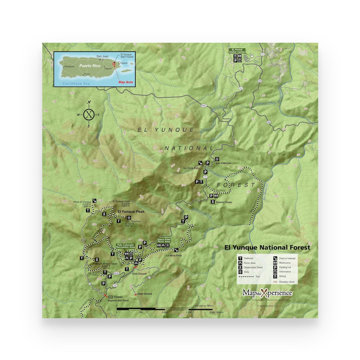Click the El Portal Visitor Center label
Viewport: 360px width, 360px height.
237,51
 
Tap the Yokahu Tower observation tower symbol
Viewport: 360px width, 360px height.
213,202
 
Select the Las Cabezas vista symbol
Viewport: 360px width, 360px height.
217,159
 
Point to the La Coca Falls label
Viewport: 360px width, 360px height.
191,168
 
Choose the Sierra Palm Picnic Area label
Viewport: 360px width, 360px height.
164,240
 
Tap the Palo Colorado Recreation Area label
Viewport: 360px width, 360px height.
125,246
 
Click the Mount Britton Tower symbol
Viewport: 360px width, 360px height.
97,260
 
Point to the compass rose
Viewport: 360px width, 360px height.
89,114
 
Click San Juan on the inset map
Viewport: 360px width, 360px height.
103,56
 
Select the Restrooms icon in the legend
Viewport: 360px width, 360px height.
275,263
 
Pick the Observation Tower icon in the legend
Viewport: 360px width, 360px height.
240,267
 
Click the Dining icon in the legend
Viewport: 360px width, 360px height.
275,276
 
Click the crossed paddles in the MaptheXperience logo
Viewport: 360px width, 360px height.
264,293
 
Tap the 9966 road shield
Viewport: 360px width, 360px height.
204,105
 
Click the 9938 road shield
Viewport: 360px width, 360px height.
116,273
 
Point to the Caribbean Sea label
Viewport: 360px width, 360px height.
75,83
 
